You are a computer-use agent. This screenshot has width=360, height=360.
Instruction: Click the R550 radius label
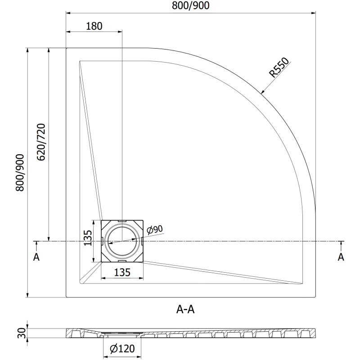tap(279, 67)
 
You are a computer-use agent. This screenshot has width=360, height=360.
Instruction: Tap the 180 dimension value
tap(94, 26)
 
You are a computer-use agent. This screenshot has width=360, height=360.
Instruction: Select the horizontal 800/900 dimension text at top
tap(190, 5)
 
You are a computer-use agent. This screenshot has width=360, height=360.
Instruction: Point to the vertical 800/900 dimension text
tap(20, 173)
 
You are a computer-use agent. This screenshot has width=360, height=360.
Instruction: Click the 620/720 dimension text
tap(41, 142)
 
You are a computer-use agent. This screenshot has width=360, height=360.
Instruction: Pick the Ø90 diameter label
tap(155, 229)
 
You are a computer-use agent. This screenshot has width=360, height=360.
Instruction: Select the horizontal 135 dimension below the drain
tap(122, 272)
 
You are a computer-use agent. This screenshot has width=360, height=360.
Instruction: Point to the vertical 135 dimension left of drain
tap(88, 238)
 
